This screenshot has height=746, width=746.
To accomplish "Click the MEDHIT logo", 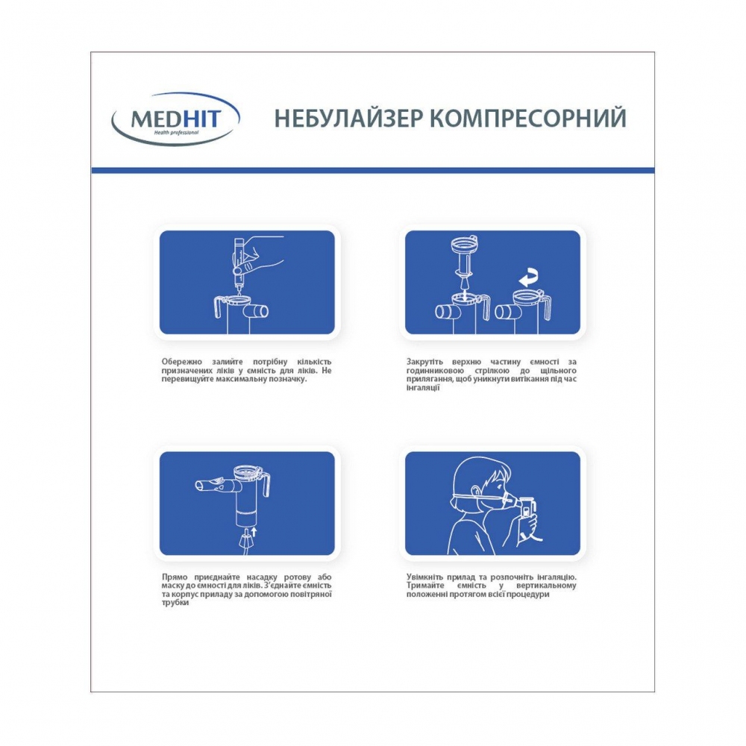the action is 175,119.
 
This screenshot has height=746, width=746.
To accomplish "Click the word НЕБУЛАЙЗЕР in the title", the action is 348,119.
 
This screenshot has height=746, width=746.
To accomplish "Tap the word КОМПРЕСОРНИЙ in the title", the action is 528,119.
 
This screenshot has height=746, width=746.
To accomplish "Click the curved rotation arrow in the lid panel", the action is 529,278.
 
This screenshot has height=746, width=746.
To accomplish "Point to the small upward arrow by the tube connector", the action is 254,532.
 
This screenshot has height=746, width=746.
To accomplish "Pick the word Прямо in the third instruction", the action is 175,577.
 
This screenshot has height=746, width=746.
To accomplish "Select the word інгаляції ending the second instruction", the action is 423,388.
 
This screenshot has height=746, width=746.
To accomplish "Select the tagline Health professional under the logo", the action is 175,132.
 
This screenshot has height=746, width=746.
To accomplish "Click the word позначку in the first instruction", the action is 287,379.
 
